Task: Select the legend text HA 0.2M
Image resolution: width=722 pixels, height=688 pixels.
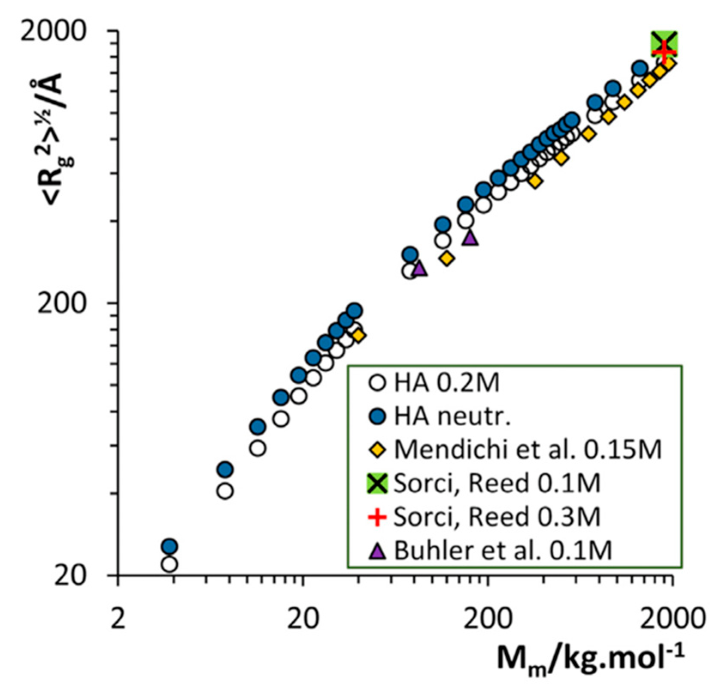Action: (x=446, y=383)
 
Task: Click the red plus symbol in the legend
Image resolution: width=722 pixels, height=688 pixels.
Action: (x=378, y=517)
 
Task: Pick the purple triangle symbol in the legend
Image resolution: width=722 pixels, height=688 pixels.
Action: (x=378, y=551)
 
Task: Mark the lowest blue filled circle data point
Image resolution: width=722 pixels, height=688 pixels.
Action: (x=170, y=546)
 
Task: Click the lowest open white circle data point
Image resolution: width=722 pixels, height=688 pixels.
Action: (x=170, y=564)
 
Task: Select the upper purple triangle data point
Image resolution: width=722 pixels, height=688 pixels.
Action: (x=470, y=237)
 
